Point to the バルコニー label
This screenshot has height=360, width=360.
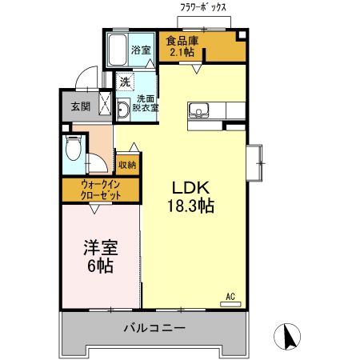coord(154,328)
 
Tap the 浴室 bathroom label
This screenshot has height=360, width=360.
coord(142,50)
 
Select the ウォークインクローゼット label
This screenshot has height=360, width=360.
coord(100,190)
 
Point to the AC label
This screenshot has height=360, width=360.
coord(230,295)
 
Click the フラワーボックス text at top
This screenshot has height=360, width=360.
coord(203,7)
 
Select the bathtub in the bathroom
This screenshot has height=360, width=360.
coord(118,51)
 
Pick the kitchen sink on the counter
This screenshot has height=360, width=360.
coord(198,110)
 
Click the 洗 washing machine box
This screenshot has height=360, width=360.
coord(125,81)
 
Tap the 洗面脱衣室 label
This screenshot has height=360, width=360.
coord(147,102)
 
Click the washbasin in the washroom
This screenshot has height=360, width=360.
coord(123,110)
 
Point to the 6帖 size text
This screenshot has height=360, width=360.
coord(100,266)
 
